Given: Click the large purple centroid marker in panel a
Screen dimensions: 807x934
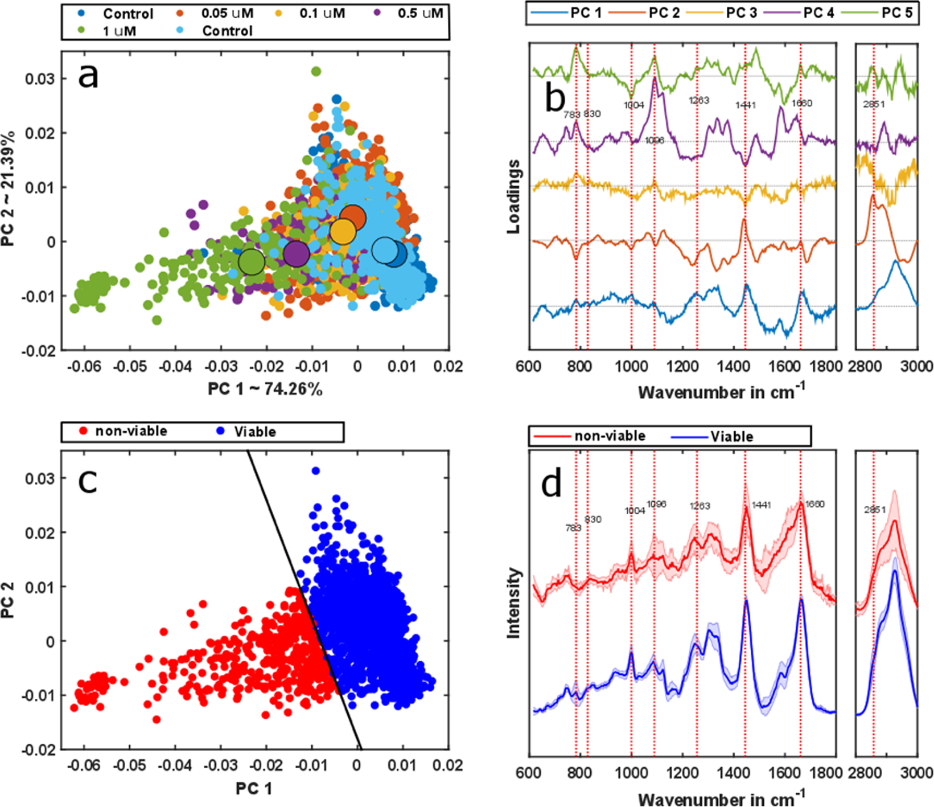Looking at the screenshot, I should coord(296,254).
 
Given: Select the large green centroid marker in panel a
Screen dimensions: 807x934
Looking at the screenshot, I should coord(252,262).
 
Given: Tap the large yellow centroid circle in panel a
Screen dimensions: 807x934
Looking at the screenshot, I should coord(343,232).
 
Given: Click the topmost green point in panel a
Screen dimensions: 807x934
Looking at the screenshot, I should coord(316,71).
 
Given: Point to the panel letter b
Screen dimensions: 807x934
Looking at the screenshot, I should coord(555,98).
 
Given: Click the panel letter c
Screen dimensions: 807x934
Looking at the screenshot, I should coord(88,481).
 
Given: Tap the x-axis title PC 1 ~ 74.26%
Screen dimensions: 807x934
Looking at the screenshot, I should coord(265,389).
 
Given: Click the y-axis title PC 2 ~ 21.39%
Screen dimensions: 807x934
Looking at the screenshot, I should coord(8,189).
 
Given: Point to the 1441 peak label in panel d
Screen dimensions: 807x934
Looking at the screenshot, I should coord(761,505).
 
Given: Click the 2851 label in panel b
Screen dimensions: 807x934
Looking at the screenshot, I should coord(874,104).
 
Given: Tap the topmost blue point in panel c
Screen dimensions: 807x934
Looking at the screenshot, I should coord(316,470).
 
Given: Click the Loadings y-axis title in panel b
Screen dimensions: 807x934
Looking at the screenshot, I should coord(513,196).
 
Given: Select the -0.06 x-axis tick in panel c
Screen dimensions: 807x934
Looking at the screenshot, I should coord(84,764).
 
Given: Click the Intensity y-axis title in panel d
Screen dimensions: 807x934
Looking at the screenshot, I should coord(513,603).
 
